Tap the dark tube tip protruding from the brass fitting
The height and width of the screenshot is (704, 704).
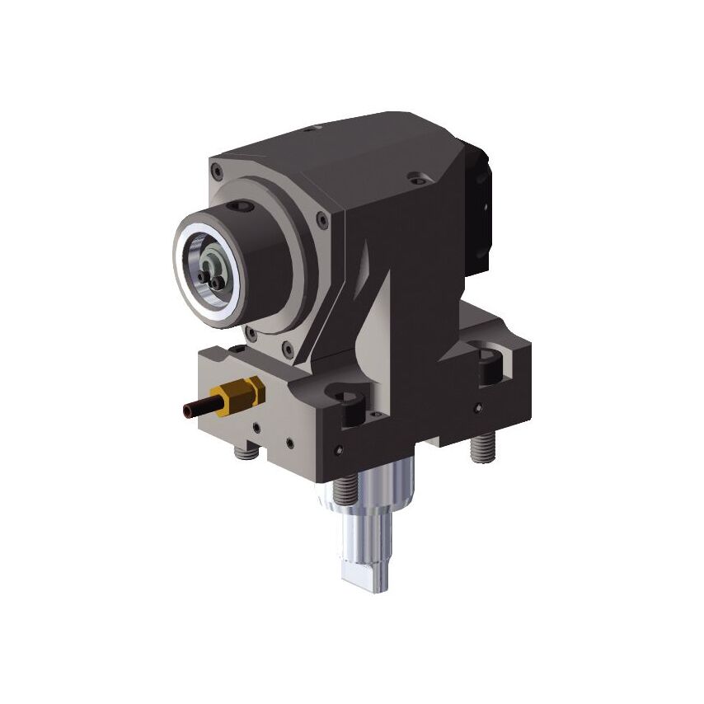pos(186,408)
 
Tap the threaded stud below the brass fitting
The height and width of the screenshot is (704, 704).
pos(242,452)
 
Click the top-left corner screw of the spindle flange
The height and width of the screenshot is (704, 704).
pos(216,171)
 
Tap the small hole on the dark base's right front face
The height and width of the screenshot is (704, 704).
pos(340,449)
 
